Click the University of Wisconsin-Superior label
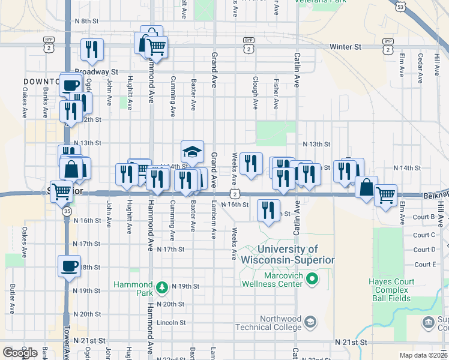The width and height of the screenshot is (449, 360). (287, 254)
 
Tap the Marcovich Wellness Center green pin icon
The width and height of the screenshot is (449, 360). (312, 278)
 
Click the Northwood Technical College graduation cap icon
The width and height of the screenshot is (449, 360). (309, 322)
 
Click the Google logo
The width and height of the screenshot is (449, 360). (20, 353)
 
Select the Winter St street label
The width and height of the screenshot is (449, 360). (345, 46)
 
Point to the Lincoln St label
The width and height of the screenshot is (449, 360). (168, 322)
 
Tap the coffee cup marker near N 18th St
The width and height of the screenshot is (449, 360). (69, 265)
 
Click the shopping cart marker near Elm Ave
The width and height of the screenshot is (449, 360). (385, 194)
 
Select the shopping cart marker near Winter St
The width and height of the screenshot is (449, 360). (156, 47)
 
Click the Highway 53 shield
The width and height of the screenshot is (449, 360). (400, 7)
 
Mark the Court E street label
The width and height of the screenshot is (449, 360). (424, 265)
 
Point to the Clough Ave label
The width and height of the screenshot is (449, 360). (256, 93)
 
